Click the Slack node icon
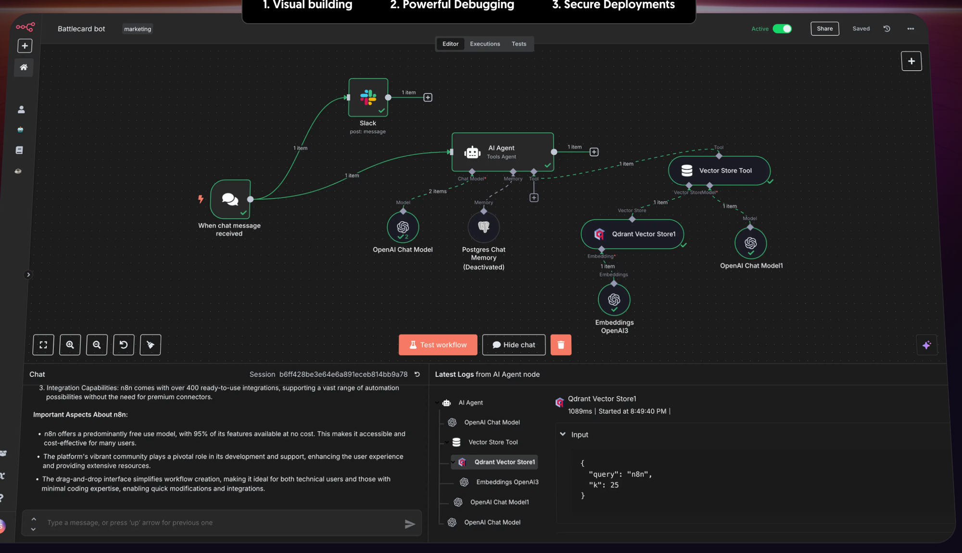(368, 97)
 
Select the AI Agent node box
(502, 152)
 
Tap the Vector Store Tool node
(719, 170)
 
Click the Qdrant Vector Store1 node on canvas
(632, 234)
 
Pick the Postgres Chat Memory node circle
(483, 227)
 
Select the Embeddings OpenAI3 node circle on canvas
(614, 299)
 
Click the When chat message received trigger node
(230, 199)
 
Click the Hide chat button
(514, 345)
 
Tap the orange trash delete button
(561, 345)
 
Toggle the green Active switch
(782, 29)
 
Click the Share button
(824, 29)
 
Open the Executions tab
(485, 44)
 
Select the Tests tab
(519, 44)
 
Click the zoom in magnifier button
(70, 345)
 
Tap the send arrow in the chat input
(410, 524)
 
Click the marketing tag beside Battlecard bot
(138, 29)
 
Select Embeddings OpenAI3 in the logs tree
(507, 482)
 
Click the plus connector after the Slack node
(428, 98)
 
